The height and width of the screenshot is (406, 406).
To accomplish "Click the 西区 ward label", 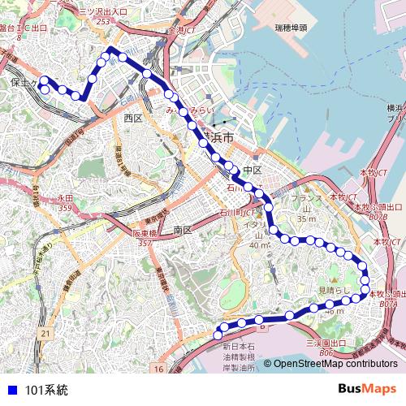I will click(x=133, y=119).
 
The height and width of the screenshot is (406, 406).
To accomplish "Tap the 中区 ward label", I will click(x=252, y=171).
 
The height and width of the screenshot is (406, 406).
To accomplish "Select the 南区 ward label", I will click(x=182, y=231).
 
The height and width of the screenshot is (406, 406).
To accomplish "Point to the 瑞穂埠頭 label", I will click(x=291, y=28).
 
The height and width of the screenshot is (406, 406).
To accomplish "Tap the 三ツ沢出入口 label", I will click(x=104, y=12).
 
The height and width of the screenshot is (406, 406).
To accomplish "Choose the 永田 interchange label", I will click(x=65, y=198).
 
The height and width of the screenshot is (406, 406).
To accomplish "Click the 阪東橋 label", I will click(x=145, y=233).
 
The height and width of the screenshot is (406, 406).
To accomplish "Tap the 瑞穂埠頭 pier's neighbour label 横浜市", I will click(x=217, y=138).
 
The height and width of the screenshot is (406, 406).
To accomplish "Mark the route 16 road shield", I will click(x=159, y=369).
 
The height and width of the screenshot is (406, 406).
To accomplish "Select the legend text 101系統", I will click(x=47, y=390).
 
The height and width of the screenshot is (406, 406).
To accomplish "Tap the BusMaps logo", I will click(x=368, y=389).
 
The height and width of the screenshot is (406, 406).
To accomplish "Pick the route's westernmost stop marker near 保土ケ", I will click(x=45, y=80).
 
